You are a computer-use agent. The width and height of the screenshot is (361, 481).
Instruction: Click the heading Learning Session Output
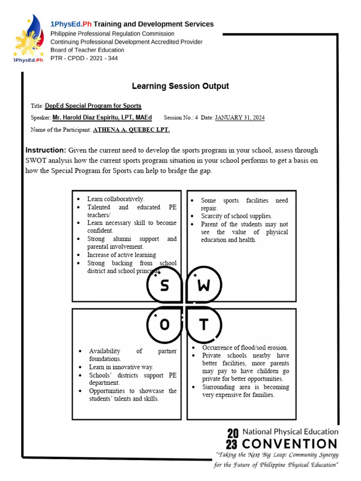pos(180,86)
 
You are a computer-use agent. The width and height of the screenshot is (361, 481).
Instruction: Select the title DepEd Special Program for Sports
pos(93,106)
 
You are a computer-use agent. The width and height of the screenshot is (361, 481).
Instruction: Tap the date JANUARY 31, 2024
pos(240,117)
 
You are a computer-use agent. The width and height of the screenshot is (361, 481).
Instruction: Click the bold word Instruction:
pos(46,150)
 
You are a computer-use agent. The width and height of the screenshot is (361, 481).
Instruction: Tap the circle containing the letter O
pos(165,325)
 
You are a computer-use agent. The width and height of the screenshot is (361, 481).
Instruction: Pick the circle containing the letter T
pos(204,325)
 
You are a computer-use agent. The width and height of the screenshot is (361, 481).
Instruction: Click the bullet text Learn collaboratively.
pos(116,199)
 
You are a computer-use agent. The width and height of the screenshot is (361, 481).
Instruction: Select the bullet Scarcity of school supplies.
pos(236,216)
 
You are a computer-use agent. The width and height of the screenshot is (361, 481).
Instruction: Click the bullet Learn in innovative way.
pos(121,367)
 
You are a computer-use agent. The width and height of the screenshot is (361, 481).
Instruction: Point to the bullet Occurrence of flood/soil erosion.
pos(245,348)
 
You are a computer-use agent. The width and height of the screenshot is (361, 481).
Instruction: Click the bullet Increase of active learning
pos(121,255)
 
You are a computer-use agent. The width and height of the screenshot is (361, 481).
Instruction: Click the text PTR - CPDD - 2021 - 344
pos(84,58)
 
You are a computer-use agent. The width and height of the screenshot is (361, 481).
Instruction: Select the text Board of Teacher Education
pos(87,50)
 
